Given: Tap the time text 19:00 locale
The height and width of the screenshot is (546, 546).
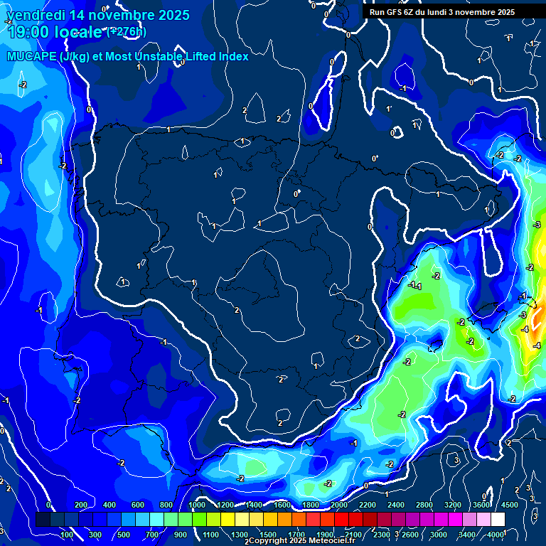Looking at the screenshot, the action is point(55,33).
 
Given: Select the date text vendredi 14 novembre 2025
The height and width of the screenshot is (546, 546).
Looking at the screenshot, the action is point(97,15).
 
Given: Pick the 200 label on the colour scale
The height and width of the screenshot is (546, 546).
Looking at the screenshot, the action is point(81,505).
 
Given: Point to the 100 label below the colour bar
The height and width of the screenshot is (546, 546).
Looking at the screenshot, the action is point(68,535).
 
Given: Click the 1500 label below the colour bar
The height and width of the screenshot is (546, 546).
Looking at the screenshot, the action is point(268,535).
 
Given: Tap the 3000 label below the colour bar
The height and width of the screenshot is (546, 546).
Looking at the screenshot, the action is point(439,535).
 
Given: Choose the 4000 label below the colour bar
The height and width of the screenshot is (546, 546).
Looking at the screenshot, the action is point(496,535).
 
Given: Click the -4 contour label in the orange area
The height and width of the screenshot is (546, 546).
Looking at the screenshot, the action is point(525,330).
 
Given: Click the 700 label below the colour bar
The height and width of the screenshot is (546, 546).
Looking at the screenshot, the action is point(153,535).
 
